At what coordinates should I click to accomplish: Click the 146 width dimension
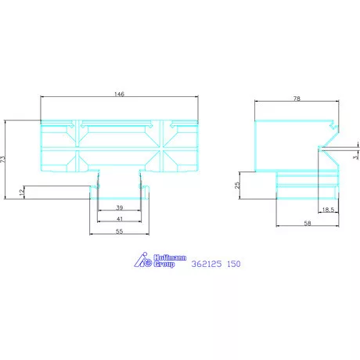pyautogui.click(x=119, y=94)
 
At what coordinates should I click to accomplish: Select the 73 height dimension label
pyautogui.click(x=3, y=159)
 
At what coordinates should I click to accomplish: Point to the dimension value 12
pyautogui.click(x=21, y=191)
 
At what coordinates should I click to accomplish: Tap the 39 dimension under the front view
pyautogui.click(x=119, y=207)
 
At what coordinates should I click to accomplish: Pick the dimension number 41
pyautogui.click(x=119, y=220)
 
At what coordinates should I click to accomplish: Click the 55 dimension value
pyautogui.click(x=119, y=232)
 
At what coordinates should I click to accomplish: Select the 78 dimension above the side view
pyautogui.click(x=297, y=99)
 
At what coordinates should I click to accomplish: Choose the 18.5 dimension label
pyautogui.click(x=329, y=211)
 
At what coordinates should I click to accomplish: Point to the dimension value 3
pyautogui.click(x=355, y=157)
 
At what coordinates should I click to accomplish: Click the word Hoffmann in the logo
pyautogui.click(x=167, y=258)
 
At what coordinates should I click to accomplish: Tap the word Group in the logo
pyautogui.click(x=164, y=266)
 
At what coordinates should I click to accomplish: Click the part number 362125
pyautogui.click(x=206, y=265)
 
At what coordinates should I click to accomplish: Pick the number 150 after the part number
pyautogui.click(x=233, y=265)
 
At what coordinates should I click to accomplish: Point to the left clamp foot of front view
pyautogui.click(x=96, y=188)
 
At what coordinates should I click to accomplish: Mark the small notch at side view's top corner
pyautogui.click(x=334, y=124)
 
